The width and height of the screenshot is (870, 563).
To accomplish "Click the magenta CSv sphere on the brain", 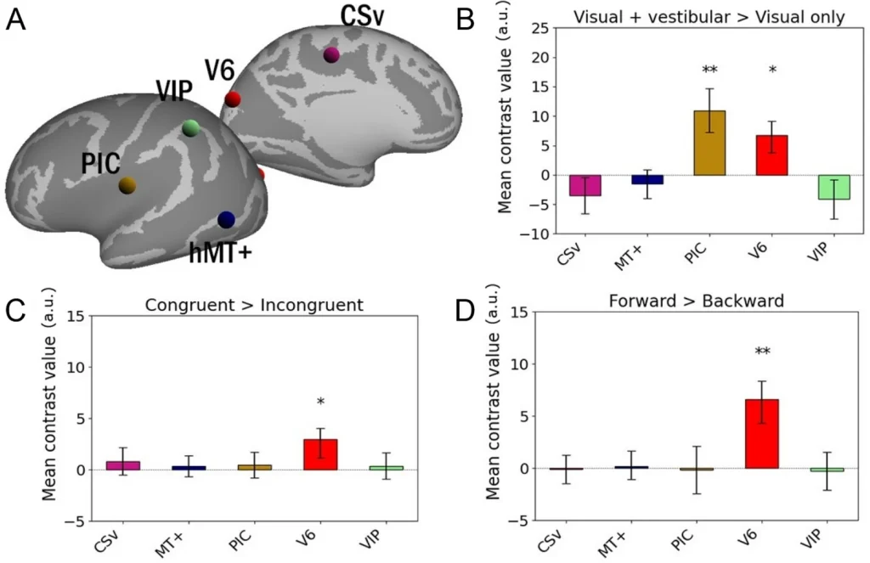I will pos(331,55).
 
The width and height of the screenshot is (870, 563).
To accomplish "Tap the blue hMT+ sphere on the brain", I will pos(226,220).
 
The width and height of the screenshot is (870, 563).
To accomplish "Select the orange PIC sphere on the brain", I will pos(127,185).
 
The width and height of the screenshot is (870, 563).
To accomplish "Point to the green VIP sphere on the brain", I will pos(191,128).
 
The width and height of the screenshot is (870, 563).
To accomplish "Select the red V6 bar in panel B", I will pos(771,155).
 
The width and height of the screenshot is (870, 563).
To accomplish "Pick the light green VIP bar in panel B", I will pos(833,187).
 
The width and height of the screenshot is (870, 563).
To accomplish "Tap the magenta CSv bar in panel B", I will pos(585,185).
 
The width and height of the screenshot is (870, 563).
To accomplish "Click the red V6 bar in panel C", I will pos(321,454).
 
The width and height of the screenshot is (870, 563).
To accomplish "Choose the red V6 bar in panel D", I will pos(761,434).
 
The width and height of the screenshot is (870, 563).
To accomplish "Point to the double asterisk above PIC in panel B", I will pos(710,70).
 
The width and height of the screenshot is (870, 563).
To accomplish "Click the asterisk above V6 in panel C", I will pos(321,403).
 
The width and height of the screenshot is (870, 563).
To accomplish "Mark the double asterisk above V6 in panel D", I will pos(761,352).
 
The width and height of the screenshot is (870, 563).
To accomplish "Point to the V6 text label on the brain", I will pos(219,71).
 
